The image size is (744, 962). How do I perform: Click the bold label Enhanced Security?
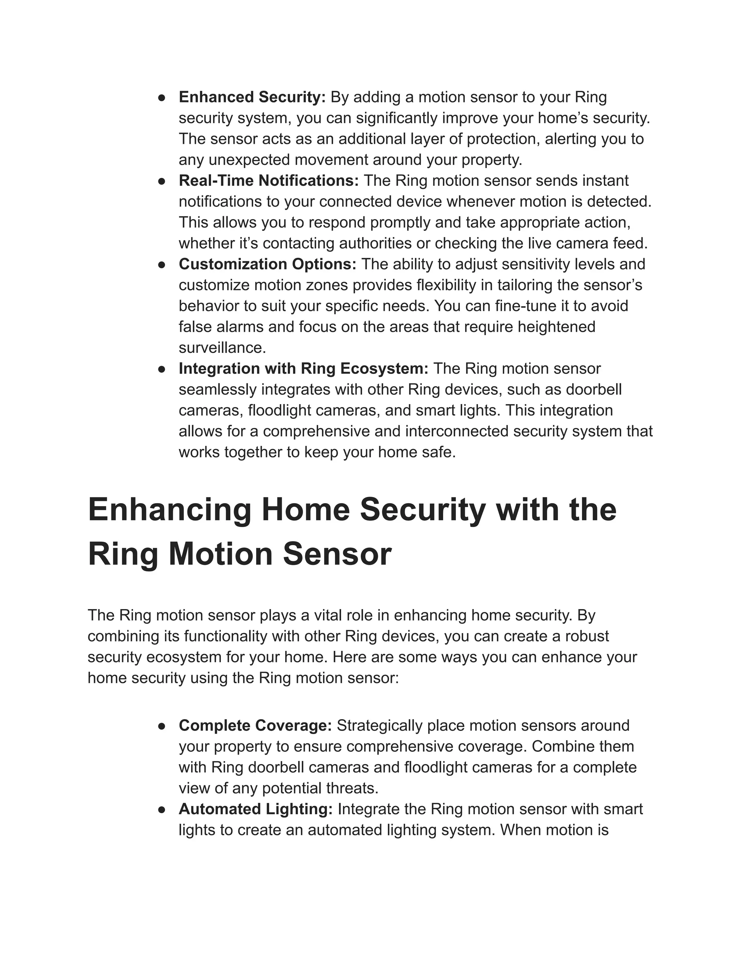pos(252,97)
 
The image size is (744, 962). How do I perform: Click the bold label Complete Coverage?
pos(255,725)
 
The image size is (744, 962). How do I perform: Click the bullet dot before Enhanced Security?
pos(162,98)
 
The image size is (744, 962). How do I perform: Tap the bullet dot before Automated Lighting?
pos(162,810)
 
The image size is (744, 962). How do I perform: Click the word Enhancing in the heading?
pos(170,510)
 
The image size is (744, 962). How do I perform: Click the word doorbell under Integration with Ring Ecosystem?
pos(593,390)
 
